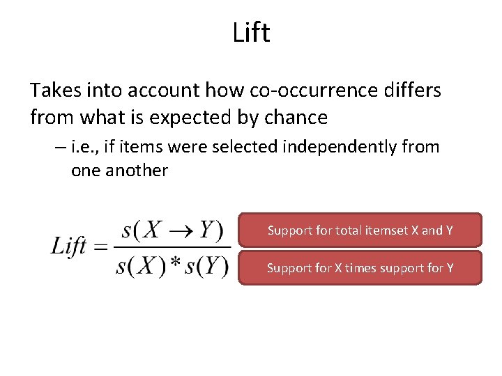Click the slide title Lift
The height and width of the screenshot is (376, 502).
click(x=251, y=32)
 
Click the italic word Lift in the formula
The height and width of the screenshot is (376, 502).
click(x=69, y=246)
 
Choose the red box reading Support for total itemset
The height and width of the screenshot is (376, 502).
click(x=360, y=230)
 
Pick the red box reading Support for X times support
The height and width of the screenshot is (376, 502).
click(x=360, y=267)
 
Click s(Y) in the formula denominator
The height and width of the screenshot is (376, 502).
click(x=205, y=266)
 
